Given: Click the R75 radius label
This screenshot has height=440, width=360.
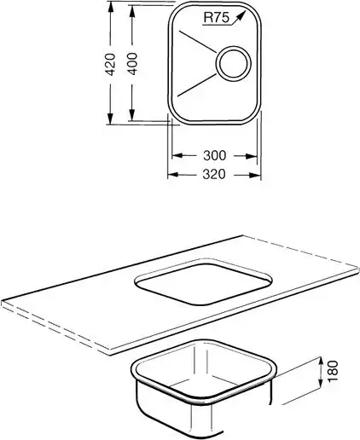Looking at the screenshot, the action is pos(217,18).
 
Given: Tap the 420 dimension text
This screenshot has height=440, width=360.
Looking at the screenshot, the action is pos(110,64).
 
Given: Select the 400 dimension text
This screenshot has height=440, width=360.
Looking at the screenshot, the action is pos(132,64).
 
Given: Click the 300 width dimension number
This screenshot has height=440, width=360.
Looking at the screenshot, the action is pos(215,155).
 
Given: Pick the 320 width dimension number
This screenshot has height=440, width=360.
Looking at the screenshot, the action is pos(214,174).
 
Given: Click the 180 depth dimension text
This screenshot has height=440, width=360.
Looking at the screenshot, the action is pos(334,371).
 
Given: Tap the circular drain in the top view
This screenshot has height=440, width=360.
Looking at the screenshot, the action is pos(233,64).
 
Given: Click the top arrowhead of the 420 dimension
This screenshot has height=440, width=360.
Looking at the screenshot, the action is pos(110,7).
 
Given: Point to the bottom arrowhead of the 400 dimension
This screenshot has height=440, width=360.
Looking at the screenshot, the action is pos(131,115).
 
